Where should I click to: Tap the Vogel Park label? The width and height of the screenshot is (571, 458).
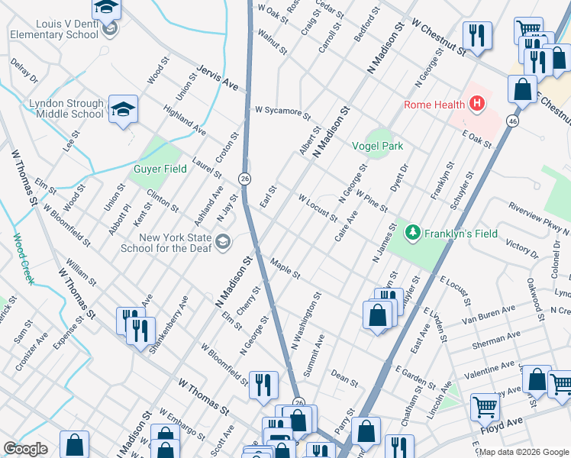(376, 146)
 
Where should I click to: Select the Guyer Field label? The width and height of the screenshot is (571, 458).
(160, 169)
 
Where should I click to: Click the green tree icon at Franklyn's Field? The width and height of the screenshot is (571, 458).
(413, 231)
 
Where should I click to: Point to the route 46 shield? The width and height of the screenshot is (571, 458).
(513, 121)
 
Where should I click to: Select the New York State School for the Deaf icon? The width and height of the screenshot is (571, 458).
(223, 243)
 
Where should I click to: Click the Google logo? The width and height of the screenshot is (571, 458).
(25, 449)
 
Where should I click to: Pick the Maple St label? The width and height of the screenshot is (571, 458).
(285, 270)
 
